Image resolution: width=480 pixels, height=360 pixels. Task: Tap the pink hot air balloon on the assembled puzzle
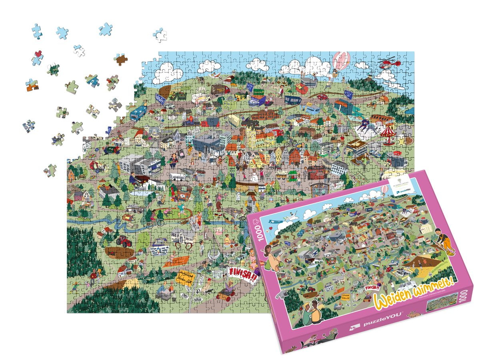click(340, 60)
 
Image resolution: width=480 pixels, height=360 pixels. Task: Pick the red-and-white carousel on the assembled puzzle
click(388, 134)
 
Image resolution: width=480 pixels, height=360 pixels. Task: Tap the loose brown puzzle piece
click(120, 60)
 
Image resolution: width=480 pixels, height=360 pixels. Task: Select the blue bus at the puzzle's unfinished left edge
click(138, 113)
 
